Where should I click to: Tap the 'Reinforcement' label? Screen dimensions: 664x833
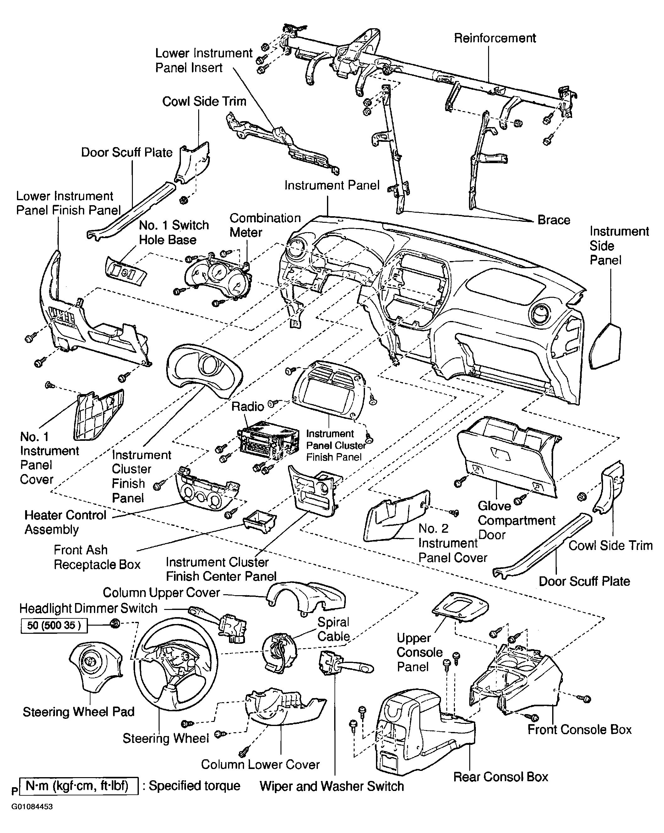495,38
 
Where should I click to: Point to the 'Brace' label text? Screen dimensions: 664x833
554,220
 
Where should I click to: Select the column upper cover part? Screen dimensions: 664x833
306,597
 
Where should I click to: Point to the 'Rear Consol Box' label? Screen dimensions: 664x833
501,777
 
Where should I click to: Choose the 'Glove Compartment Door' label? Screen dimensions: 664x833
516,520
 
